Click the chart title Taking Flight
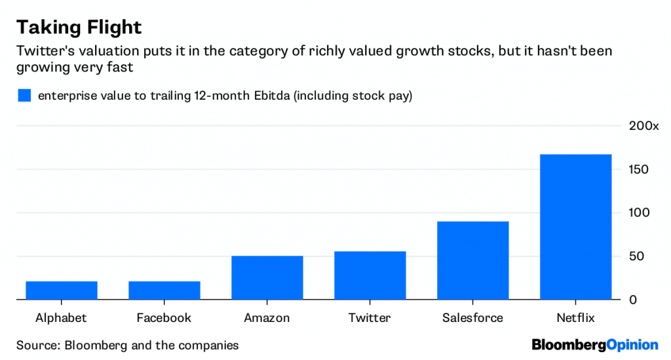pyautogui.click(x=79, y=28)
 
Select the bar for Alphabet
pyautogui.click(x=61, y=290)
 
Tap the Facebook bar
pyautogui.click(x=164, y=290)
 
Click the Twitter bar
pyautogui.click(x=370, y=275)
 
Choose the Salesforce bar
pyautogui.click(x=472, y=260)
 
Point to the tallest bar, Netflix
pyautogui.click(x=575, y=227)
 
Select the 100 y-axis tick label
pyautogui.click(x=639, y=213)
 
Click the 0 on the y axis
pyautogui.click(x=633, y=300)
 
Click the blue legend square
pyautogui.click(x=24, y=96)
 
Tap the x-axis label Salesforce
pyautogui.click(x=472, y=318)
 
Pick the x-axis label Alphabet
pyautogui.click(x=61, y=318)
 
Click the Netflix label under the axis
pyautogui.click(x=575, y=318)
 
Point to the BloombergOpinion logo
pyautogui.click(x=594, y=344)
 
